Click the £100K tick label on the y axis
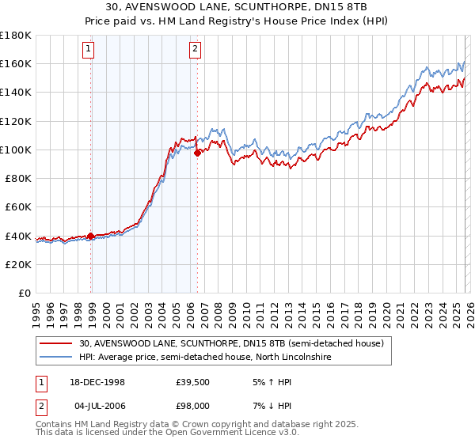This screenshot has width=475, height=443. click(16, 150)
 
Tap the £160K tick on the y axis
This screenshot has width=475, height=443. click(16, 63)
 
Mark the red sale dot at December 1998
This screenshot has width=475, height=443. click(91, 236)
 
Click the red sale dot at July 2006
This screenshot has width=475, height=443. click(197, 153)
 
